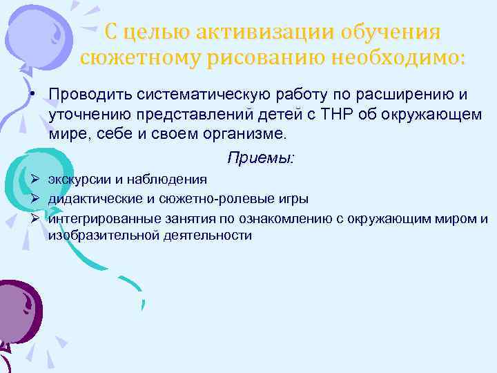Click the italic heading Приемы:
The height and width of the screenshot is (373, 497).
(x=261, y=158)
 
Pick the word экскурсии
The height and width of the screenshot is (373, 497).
(x=79, y=180)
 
